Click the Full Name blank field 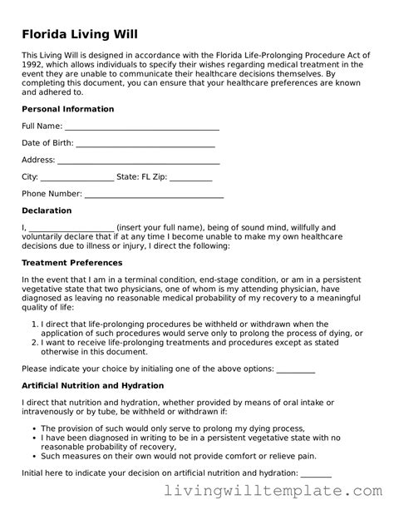point(141,126)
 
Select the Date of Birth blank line point(145,143)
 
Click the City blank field point(76,177)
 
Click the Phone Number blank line point(154,195)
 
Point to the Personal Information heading point(67,109)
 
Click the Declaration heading point(47,210)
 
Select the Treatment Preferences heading point(73,263)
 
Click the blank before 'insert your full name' point(71,228)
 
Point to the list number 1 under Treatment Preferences point(34,324)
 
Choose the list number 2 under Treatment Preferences point(34,341)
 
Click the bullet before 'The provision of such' point(32,428)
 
